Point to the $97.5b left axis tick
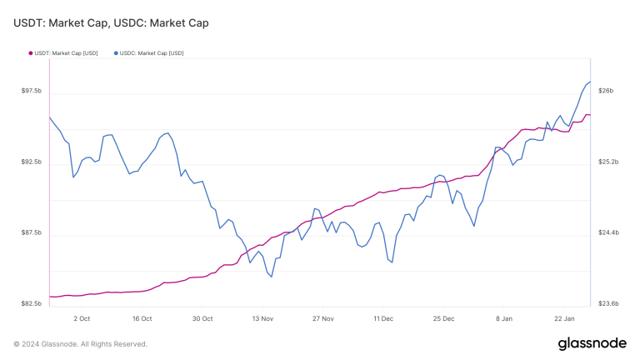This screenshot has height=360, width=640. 32,91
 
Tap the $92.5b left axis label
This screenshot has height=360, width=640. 32,162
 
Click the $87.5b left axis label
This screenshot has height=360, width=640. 32,232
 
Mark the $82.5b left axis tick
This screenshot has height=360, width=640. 32,304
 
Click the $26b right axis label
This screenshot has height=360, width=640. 606,91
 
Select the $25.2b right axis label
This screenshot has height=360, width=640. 608,162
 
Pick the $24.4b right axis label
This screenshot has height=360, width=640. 608,232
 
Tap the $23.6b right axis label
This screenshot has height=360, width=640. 608,304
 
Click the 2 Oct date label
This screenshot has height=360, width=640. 82,318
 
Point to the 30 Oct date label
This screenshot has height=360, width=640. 202,318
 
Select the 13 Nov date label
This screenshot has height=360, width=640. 262,318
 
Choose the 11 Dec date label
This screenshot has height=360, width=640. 383,318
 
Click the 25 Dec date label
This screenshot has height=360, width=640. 443,318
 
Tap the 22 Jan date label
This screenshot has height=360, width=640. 564,318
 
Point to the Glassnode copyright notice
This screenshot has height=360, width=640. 80,343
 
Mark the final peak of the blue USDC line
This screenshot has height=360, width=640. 589,82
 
